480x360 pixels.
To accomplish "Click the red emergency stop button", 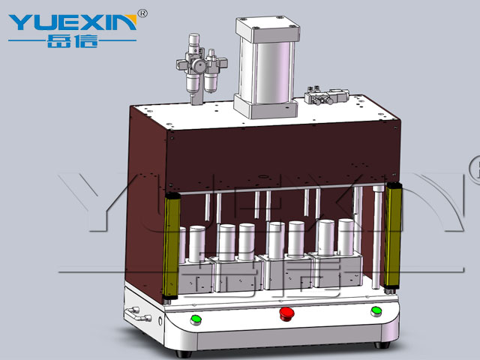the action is [286, 314].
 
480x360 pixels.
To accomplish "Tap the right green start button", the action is [376, 312].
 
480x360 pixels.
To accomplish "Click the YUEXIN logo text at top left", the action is [73, 22].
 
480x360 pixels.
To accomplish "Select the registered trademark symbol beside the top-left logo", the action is [142, 13].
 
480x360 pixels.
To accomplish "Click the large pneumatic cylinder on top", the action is [266, 67].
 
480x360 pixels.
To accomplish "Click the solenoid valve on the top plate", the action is [327, 95].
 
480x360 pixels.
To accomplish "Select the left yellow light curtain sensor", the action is [172, 246].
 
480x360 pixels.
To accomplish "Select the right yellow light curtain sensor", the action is [393, 236].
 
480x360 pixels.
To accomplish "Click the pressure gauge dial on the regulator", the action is [199, 66].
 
